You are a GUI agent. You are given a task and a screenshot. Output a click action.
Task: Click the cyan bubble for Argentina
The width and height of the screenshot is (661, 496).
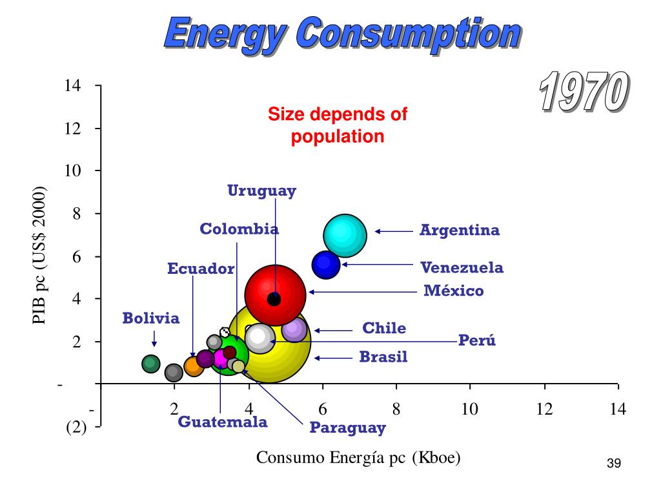click(345, 234)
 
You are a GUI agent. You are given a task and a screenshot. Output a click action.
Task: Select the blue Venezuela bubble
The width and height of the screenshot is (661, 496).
click(326, 263)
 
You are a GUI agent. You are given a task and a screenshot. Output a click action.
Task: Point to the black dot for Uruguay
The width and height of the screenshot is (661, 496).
click(274, 299)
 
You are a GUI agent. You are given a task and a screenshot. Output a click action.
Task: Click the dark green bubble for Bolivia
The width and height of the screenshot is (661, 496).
click(151, 364)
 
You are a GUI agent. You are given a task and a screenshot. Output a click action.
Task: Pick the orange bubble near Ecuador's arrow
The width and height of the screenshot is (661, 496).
click(194, 366)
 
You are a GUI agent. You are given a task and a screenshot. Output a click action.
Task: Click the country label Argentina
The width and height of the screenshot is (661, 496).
click(460, 230)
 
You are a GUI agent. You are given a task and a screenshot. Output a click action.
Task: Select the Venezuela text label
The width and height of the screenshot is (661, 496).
click(462, 267)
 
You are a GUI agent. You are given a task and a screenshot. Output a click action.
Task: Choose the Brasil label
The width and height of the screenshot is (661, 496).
click(383, 356)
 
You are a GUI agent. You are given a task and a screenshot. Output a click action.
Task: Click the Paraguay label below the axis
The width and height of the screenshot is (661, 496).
click(347, 427)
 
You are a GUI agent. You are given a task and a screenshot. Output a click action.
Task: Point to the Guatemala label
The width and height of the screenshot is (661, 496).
click(223, 422)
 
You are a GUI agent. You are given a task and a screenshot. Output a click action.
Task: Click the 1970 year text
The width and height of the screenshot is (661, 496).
click(583, 92)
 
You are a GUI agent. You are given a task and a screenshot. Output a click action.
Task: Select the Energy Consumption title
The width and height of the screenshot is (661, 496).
click(341, 34)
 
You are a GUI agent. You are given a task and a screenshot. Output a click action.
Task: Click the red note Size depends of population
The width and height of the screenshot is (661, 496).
click(338, 125)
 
